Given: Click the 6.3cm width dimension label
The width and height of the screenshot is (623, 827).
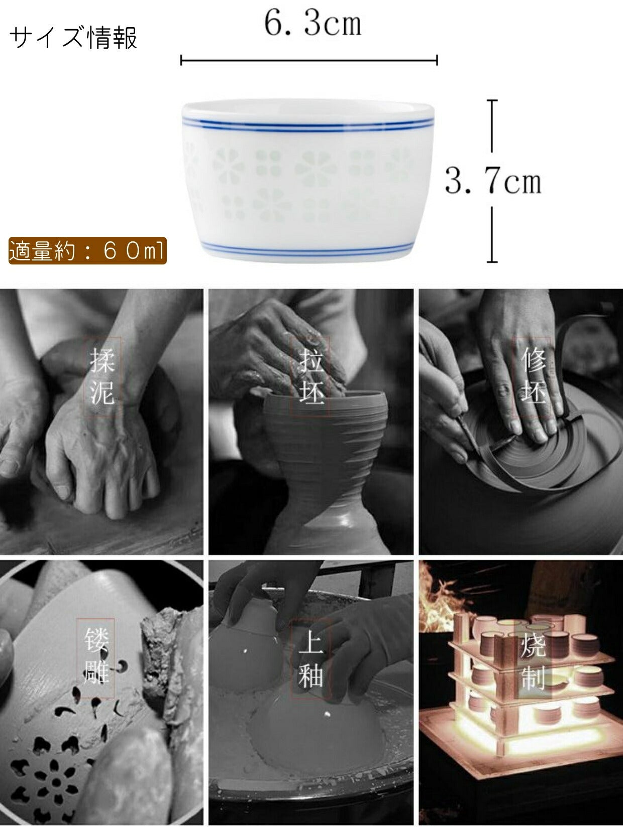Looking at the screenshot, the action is pyautogui.click(x=313, y=24).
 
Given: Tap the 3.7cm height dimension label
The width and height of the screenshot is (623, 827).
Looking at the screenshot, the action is pyautogui.click(x=493, y=181).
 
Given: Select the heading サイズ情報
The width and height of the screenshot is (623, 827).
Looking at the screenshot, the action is pyautogui.click(x=73, y=38).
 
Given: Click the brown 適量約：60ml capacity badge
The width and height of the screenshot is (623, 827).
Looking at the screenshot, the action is pyautogui.click(x=87, y=250).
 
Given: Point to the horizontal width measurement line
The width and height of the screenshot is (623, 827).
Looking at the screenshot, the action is pyautogui.click(x=309, y=60).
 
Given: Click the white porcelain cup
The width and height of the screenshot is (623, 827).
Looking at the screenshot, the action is pyautogui.click(x=307, y=181).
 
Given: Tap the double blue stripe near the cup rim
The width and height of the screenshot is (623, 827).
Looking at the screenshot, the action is pyautogui.click(x=307, y=123).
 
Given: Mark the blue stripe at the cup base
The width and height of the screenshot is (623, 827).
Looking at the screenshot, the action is pyautogui.click(x=307, y=249).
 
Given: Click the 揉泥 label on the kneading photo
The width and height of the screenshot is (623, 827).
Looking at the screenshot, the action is pyautogui.click(x=102, y=377).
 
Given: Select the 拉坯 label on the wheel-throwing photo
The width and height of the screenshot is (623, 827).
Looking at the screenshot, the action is pyautogui.click(x=311, y=377).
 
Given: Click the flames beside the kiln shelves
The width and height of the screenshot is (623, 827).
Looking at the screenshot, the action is pyautogui.click(x=439, y=599).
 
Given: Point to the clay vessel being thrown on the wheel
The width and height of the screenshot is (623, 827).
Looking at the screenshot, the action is pyautogui.click(x=325, y=467).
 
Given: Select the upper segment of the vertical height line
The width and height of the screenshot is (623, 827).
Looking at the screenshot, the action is pyautogui.click(x=492, y=126).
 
